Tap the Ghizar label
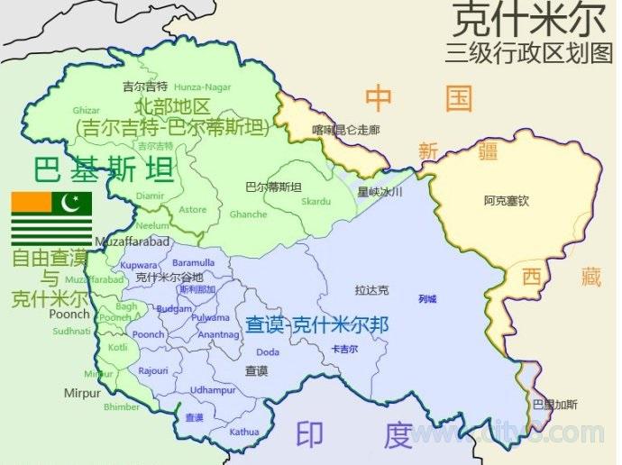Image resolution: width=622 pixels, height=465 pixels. [86, 110]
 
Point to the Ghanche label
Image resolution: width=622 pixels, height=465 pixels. [249, 214]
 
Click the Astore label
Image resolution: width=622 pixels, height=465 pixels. [193, 210]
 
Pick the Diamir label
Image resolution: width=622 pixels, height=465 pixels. [151, 195]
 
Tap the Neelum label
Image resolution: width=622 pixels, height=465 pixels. [153, 225]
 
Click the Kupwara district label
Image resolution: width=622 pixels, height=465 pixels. [138, 267]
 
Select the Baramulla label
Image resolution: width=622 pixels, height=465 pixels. [193, 262]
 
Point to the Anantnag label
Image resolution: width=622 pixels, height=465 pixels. [218, 335]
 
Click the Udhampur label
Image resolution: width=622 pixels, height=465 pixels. [213, 389]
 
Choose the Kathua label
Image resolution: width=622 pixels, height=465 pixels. [243, 432]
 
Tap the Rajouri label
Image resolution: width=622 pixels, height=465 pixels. [153, 370]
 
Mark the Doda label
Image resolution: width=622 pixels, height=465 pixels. [267, 352]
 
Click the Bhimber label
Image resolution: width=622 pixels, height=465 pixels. [121, 407]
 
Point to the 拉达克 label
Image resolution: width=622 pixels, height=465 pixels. [371, 290]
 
